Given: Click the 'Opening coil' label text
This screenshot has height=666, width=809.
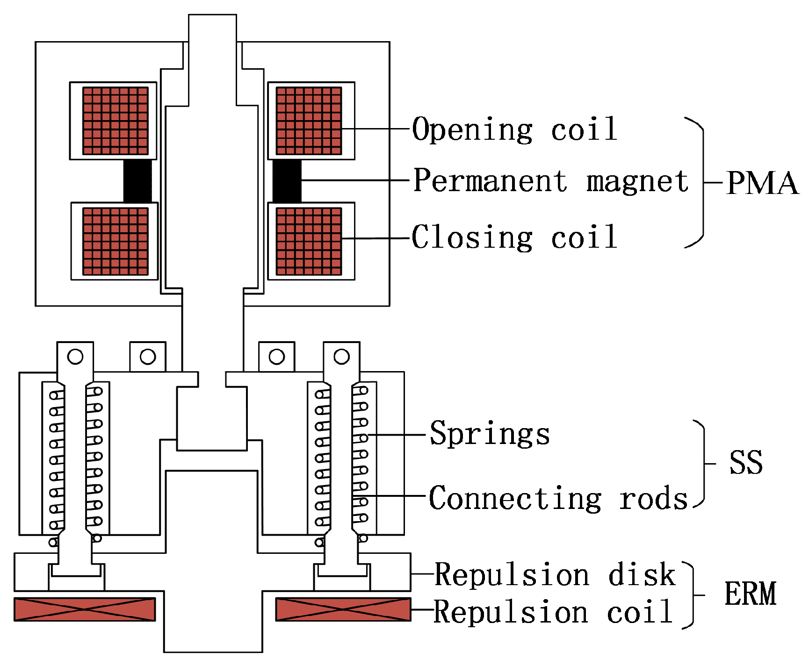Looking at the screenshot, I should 514,129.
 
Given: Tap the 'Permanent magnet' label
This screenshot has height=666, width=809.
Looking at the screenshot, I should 551,181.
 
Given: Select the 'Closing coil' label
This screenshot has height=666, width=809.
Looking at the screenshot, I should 514,237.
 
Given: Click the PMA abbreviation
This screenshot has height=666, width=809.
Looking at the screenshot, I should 762,183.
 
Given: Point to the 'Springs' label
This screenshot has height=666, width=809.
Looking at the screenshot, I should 490,434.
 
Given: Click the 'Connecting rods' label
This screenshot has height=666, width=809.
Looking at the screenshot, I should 558,498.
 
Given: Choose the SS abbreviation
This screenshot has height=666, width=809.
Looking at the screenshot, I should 746,463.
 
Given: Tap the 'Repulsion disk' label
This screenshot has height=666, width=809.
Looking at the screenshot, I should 555,574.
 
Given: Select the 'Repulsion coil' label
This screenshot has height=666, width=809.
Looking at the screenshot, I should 553,612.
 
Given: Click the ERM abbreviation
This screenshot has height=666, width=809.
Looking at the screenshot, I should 750,594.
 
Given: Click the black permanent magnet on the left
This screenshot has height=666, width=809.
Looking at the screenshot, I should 137,181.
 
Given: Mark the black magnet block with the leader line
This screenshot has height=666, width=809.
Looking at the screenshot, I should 287,181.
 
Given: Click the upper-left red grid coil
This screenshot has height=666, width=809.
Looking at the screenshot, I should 115,121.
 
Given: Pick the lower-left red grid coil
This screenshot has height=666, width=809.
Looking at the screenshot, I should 115,241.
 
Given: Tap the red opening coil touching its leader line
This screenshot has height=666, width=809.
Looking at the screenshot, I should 309,121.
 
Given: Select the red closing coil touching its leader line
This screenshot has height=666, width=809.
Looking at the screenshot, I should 309,241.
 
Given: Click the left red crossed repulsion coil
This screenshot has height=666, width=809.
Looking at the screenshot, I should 85,609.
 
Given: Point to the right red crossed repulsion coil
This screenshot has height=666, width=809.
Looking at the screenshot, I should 343,609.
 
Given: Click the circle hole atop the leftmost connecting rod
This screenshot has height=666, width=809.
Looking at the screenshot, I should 75,357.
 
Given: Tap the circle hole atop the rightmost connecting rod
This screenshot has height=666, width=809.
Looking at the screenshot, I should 341,357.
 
